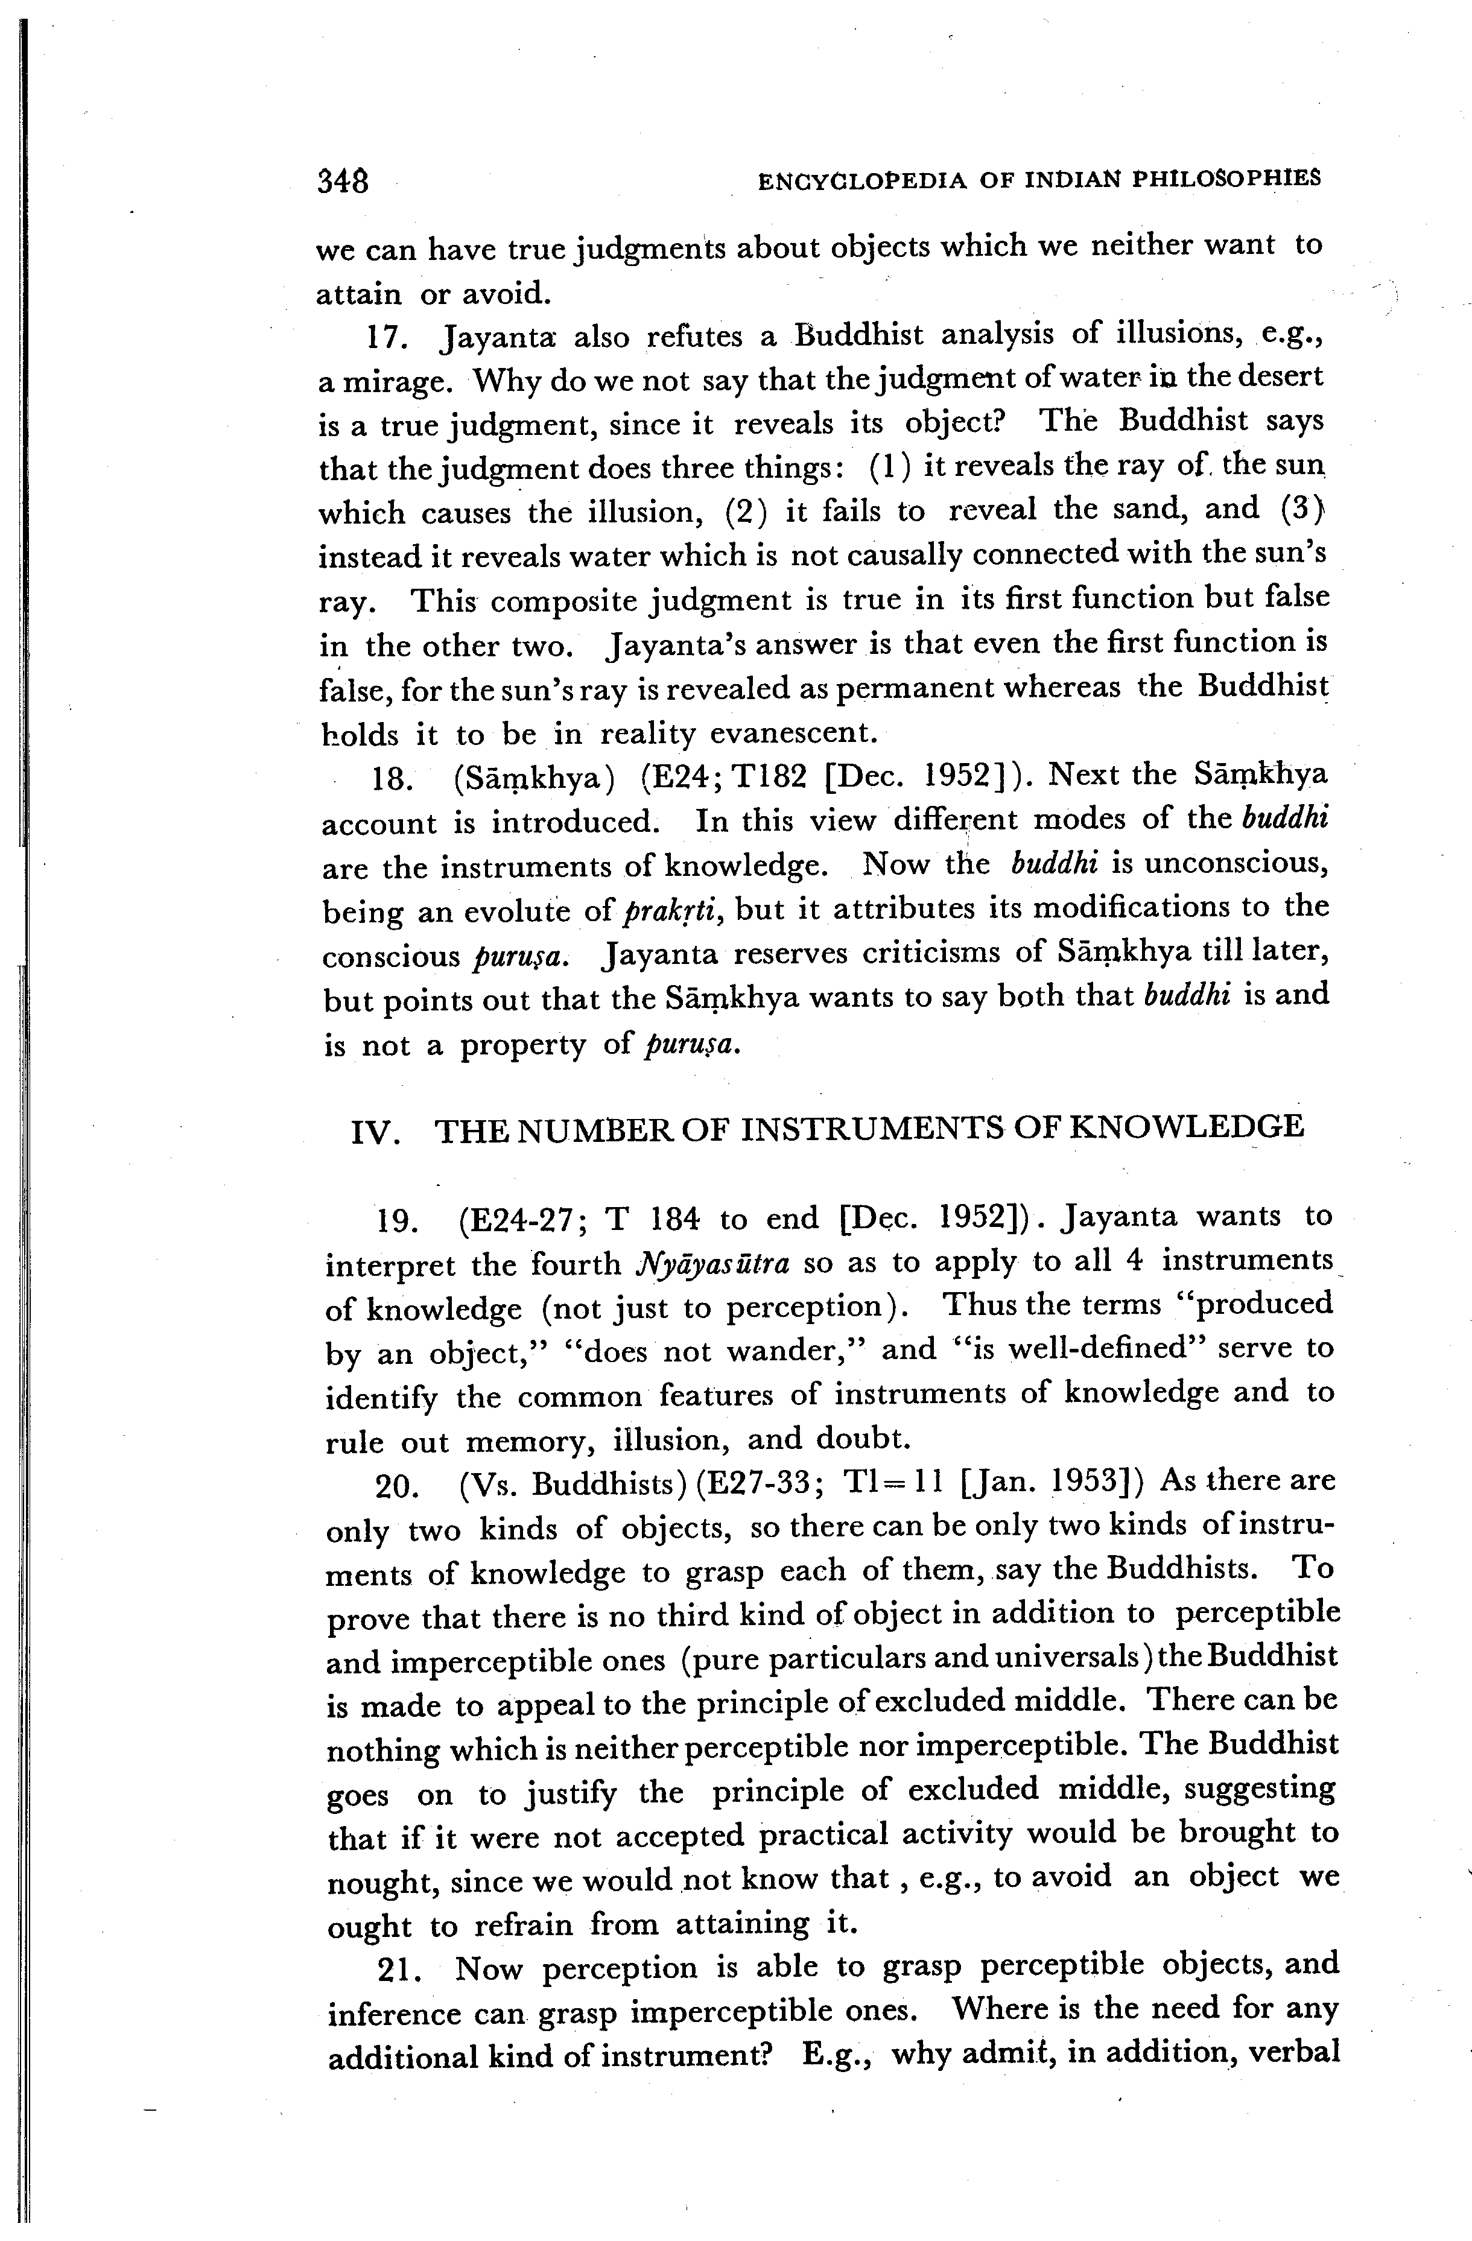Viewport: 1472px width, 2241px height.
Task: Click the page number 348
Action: point(343,180)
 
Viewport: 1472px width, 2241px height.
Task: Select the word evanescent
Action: point(793,732)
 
